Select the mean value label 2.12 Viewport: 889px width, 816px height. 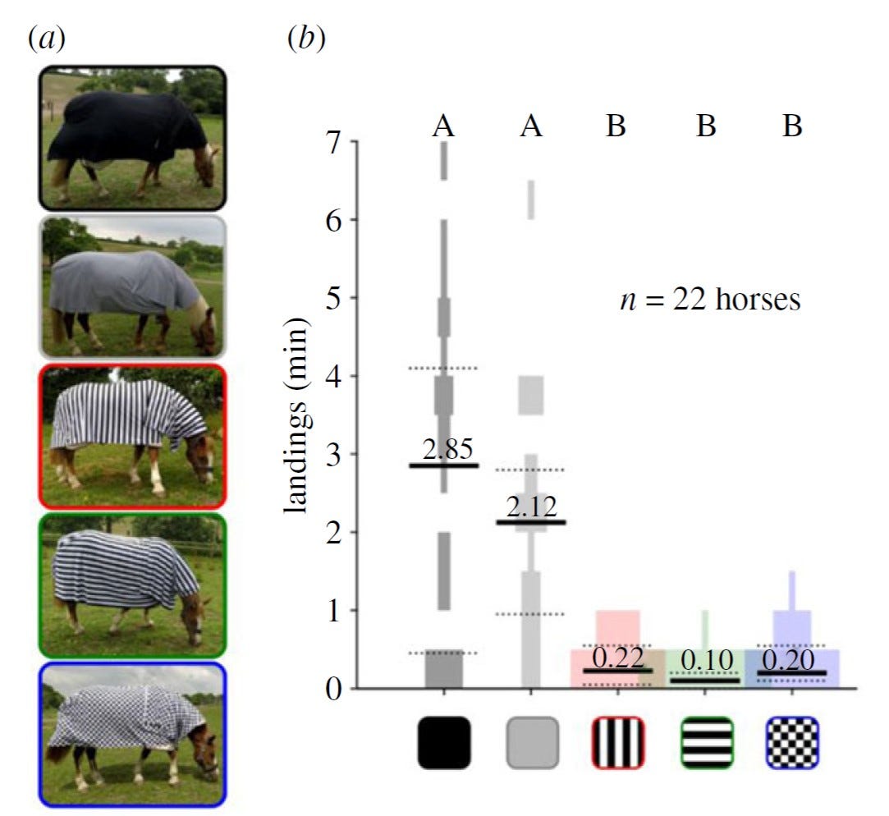click(532, 507)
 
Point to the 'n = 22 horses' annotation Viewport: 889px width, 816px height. click(708, 300)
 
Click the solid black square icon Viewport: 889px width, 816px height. click(444, 743)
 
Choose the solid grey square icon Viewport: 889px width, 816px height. click(532, 743)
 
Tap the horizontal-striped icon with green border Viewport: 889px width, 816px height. click(706, 743)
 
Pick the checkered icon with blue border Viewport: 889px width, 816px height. click(792, 743)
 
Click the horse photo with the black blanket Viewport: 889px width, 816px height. click(132, 138)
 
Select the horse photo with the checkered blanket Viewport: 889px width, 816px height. click(132, 734)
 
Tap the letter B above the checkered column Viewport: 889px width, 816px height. click(791, 126)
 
